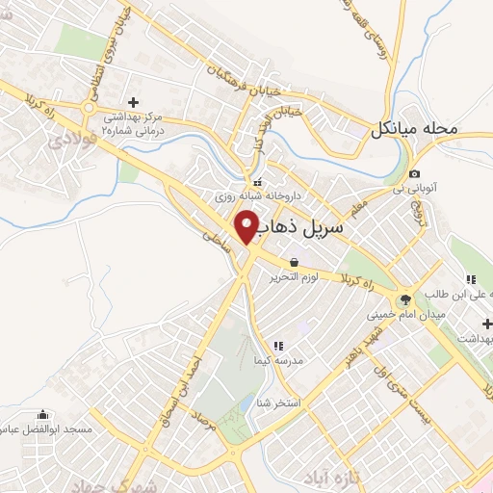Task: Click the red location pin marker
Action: (246, 227)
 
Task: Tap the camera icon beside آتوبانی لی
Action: (414, 173)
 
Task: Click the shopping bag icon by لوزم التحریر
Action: (292, 261)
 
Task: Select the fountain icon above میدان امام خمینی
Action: (404, 300)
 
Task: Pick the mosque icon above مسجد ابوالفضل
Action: (45, 414)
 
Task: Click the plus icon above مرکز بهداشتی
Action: (133, 101)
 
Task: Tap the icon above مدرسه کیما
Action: (279, 344)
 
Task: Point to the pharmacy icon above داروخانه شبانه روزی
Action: (257, 182)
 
